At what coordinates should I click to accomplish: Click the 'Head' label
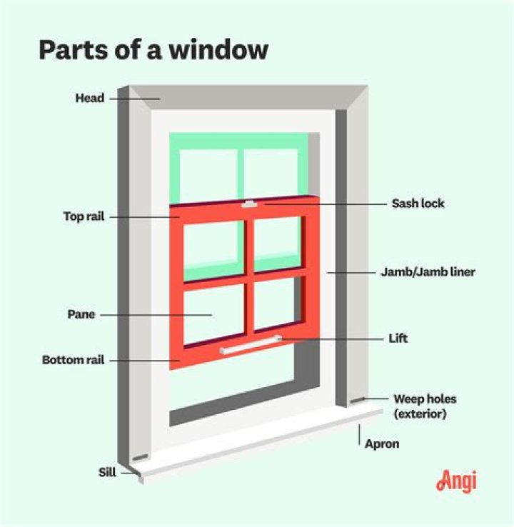pos(90,99)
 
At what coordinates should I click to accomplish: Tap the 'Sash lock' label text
pos(418,204)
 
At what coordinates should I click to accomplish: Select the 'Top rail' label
pos(84,216)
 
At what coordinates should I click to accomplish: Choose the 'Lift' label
pos(398,338)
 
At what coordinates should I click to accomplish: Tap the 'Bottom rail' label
pos(74,361)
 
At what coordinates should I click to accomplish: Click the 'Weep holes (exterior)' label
pos(425,406)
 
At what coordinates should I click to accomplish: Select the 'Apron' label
pos(382,444)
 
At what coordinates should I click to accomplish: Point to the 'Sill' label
pos(108,472)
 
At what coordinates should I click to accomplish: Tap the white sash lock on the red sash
pos(249,204)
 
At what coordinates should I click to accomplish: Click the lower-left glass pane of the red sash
pos(213,313)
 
